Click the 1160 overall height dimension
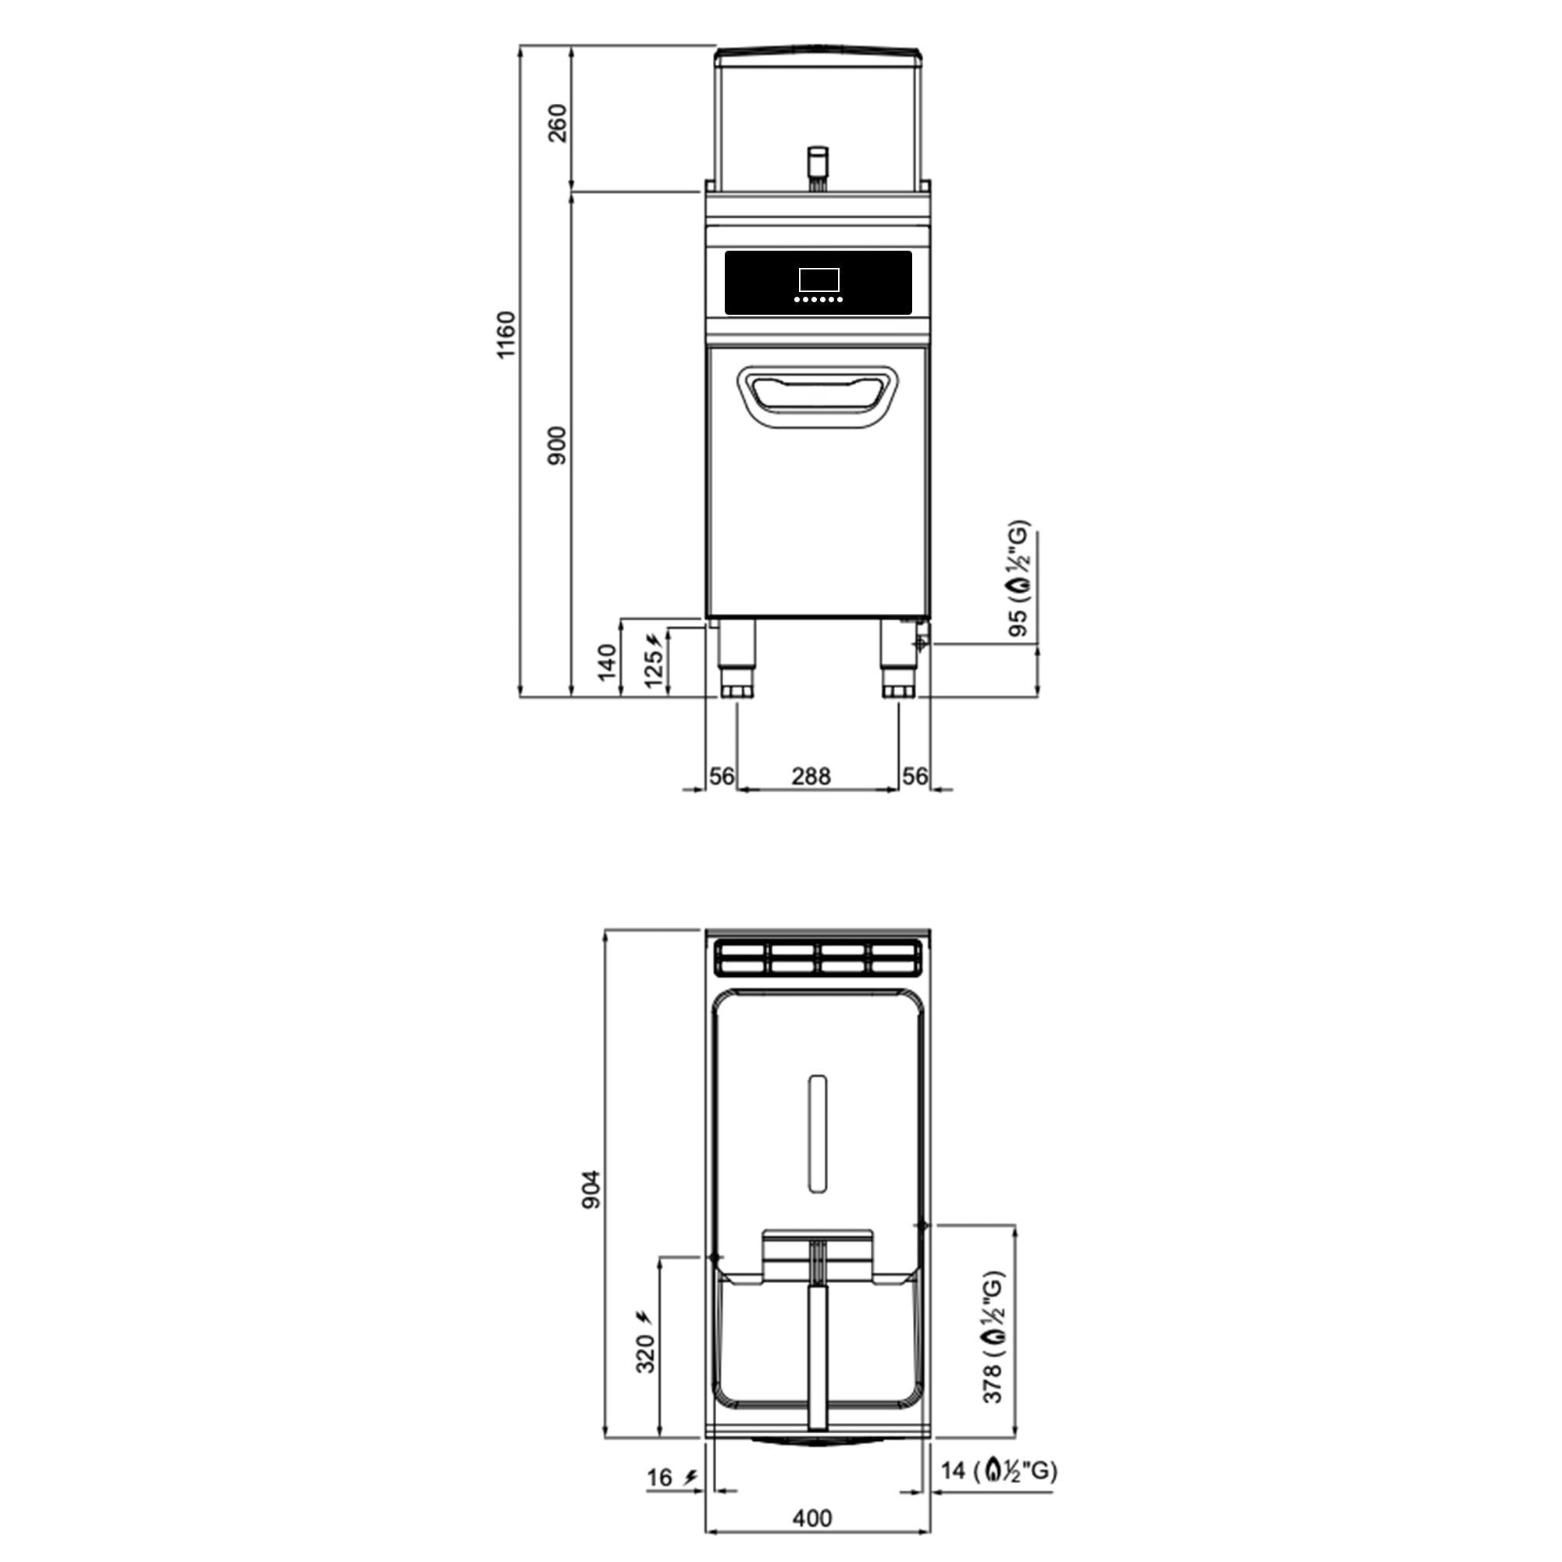point(505,335)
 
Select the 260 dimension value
point(558,123)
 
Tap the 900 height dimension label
point(558,445)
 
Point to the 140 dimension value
point(607,662)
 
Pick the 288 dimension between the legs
point(811,776)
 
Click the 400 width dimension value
point(811,1518)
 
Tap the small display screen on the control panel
point(818,280)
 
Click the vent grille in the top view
point(818,959)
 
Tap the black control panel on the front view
point(818,283)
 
